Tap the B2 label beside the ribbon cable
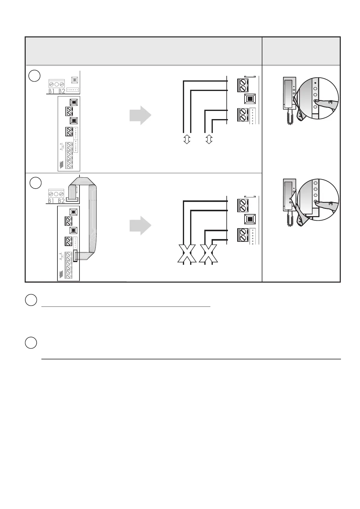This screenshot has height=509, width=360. (61, 201)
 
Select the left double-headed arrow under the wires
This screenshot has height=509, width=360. (187, 139)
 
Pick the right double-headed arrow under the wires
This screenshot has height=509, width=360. (209, 139)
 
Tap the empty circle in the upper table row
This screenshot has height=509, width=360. (35, 76)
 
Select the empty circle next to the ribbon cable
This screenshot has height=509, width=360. (36, 183)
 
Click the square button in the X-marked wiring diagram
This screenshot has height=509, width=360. (250, 219)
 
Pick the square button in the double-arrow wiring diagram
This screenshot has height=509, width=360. (250, 99)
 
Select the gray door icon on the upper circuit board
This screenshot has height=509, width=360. (61, 165)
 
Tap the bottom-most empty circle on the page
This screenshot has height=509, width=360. (31, 343)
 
